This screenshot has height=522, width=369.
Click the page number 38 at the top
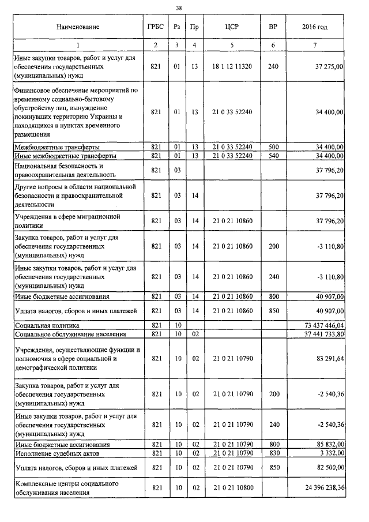coord(179,8)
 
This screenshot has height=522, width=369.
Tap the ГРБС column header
coord(155,27)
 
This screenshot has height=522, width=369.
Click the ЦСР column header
coord(232,27)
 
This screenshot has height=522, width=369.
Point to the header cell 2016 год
coord(315,27)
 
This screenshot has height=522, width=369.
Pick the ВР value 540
coord(273,156)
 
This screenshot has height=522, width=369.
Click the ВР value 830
coord(273,453)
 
